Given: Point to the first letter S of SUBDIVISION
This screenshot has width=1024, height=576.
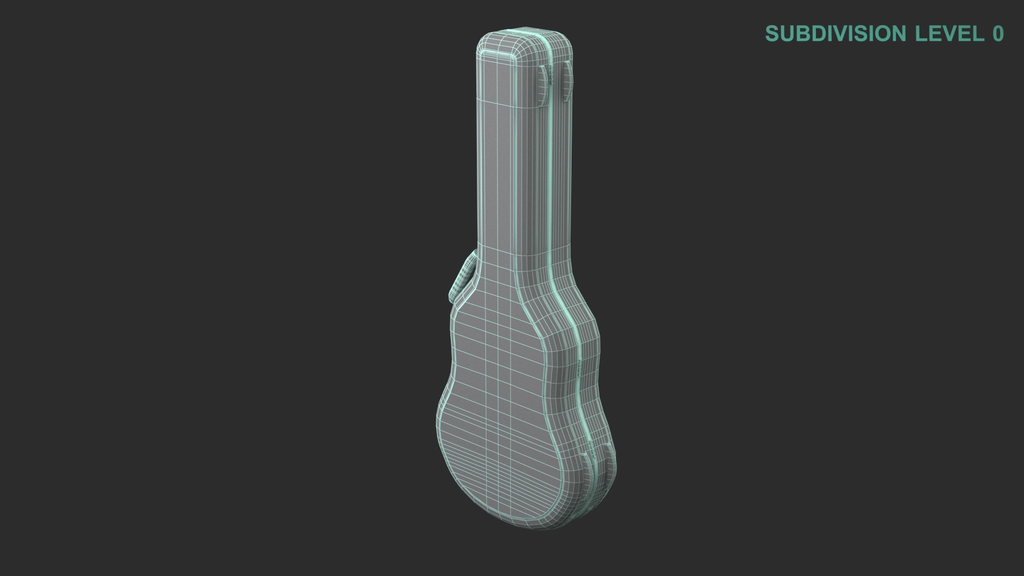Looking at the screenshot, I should tap(771, 34).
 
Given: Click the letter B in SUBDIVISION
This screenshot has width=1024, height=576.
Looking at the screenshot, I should tap(799, 34).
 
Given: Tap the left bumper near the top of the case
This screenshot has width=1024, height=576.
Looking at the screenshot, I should tap(542, 82).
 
